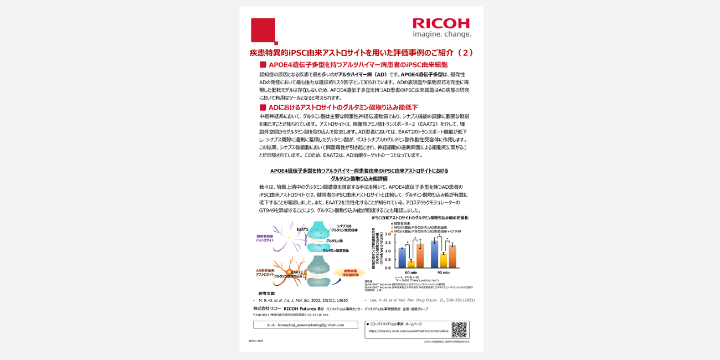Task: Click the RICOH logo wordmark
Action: click(x=441, y=23)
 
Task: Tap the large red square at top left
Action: click(x=263, y=30)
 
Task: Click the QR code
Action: click(x=459, y=330)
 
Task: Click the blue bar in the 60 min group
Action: click(x=402, y=258)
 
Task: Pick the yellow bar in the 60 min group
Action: click(x=411, y=264)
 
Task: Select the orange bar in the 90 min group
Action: click(x=452, y=256)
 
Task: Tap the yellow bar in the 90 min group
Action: click(x=444, y=260)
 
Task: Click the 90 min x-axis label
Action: click(x=443, y=272)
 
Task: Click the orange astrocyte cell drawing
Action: click(x=289, y=271)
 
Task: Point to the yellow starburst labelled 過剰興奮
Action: click(x=349, y=272)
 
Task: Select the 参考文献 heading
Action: click(x=266, y=293)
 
